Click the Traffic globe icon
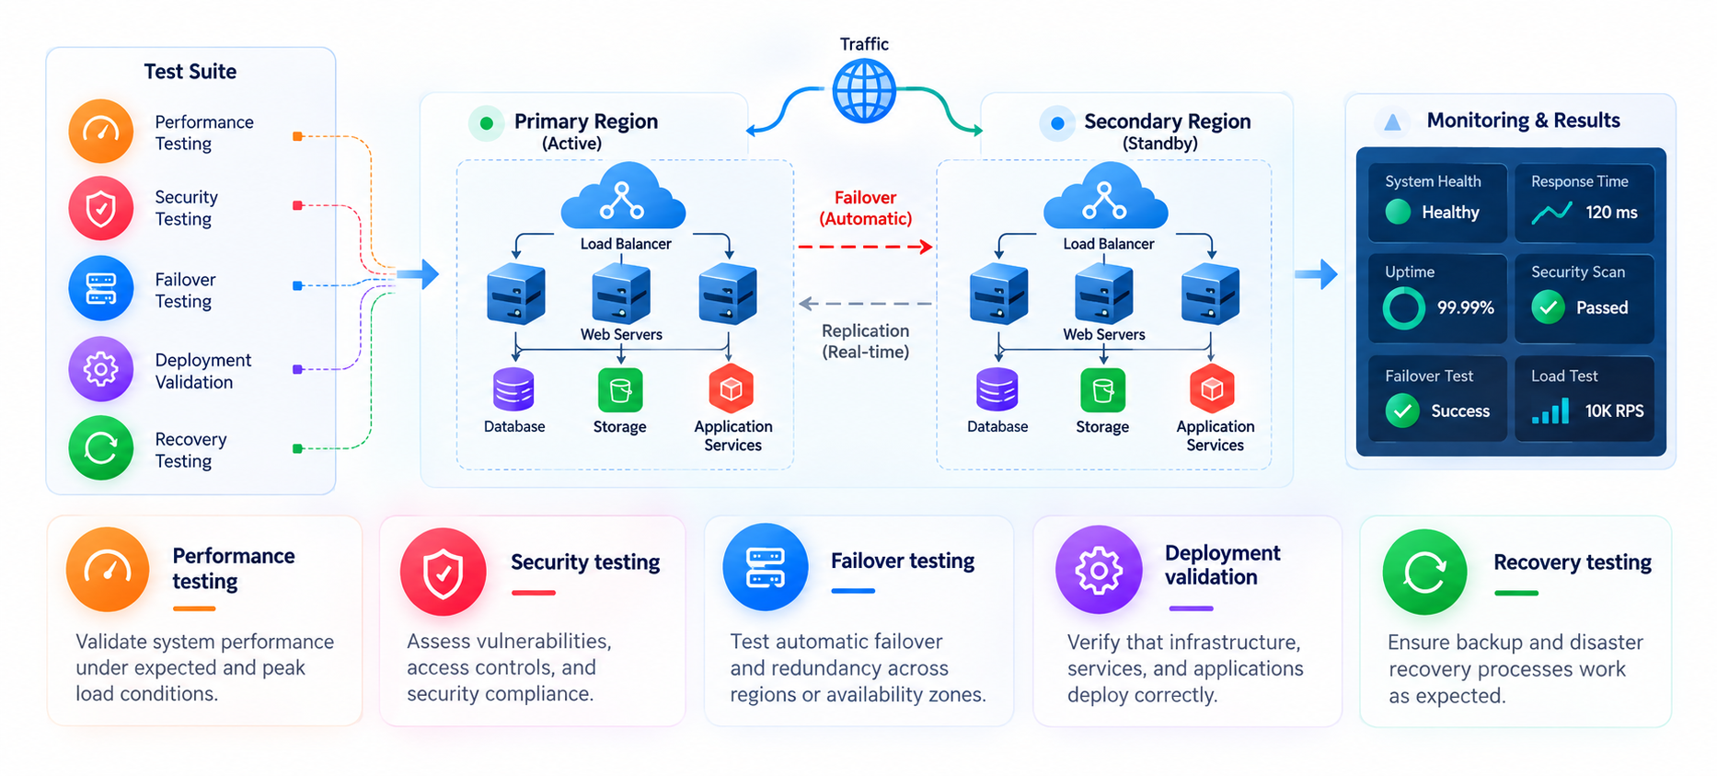[864, 90]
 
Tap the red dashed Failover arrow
[865, 247]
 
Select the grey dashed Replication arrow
[865, 303]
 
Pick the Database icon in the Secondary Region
[997, 389]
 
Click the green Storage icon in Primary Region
[620, 390]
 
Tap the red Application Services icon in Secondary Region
[1212, 388]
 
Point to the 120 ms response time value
[1611, 213]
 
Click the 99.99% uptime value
[1466, 307]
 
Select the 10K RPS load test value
[1614, 411]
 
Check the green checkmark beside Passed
[1549, 307]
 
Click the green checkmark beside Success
[1402, 411]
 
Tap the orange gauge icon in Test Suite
[101, 132]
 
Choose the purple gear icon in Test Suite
[101, 369]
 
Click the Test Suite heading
[190, 72]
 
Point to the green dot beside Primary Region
[486, 123]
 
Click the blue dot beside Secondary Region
[1057, 123]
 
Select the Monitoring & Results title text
[1523, 121]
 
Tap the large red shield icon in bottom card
[443, 572]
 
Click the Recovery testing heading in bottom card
[1573, 562]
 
